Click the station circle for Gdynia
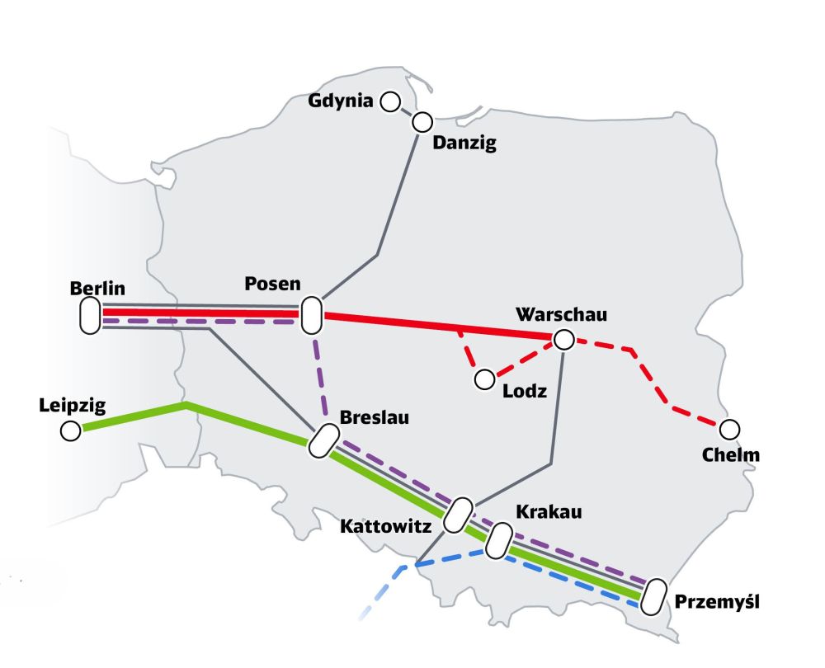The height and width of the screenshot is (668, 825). coord(390,101)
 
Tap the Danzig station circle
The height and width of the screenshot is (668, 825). coord(422,122)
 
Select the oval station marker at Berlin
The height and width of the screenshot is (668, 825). coord(90,317)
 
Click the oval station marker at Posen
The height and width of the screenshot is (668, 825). coord(311,316)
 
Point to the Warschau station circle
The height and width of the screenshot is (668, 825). coord(563,339)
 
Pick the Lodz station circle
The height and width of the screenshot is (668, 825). coord(484,379)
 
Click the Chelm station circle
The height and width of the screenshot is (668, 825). coord(729,430)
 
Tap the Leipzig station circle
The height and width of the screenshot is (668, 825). coord(71,430)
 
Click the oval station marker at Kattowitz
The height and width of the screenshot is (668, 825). coord(458,515)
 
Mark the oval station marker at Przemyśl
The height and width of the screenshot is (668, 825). coord(655,595)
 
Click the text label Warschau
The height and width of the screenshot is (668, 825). coord(561,315)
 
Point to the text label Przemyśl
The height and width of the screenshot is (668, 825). coord(716,602)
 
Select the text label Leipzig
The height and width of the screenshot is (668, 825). coord(73,405)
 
